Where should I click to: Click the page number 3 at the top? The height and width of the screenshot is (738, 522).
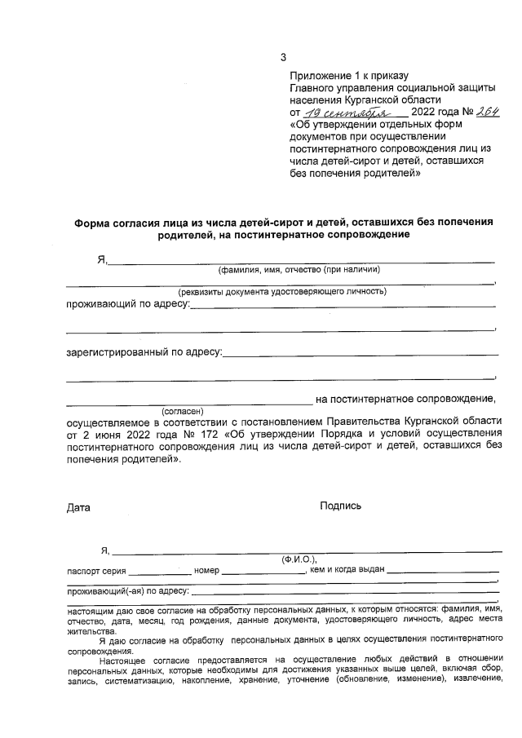[283, 57]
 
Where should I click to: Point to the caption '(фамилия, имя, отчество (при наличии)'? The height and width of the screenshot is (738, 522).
[299, 270]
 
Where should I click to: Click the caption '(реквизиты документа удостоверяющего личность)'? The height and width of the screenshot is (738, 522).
[282, 291]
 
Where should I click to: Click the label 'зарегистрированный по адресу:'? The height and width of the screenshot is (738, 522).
[144, 352]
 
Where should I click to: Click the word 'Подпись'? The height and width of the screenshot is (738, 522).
[341, 506]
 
